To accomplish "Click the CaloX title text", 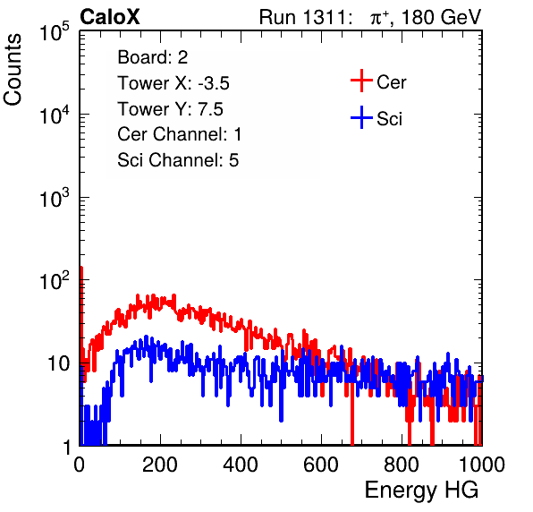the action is [110, 17].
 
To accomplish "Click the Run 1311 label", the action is [302, 17].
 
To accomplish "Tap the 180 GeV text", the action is [441, 17].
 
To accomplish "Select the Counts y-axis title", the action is [13, 70].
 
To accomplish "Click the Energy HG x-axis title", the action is [421, 490].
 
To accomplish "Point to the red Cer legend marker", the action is [361, 81].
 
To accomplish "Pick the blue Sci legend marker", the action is [361, 118].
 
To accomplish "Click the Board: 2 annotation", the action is [153, 57].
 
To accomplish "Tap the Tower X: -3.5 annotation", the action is [173, 83].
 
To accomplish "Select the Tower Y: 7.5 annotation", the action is [170, 109].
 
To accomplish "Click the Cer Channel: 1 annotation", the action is [180, 134].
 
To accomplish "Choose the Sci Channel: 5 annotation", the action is [178, 160].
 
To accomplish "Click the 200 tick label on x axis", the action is [160, 465].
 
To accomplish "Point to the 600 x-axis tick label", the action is [321, 465].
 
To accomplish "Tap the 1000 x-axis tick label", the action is [482, 465].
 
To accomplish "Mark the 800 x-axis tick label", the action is [402, 465].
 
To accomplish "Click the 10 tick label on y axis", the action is [59, 363].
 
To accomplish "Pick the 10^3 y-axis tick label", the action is [55, 197].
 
